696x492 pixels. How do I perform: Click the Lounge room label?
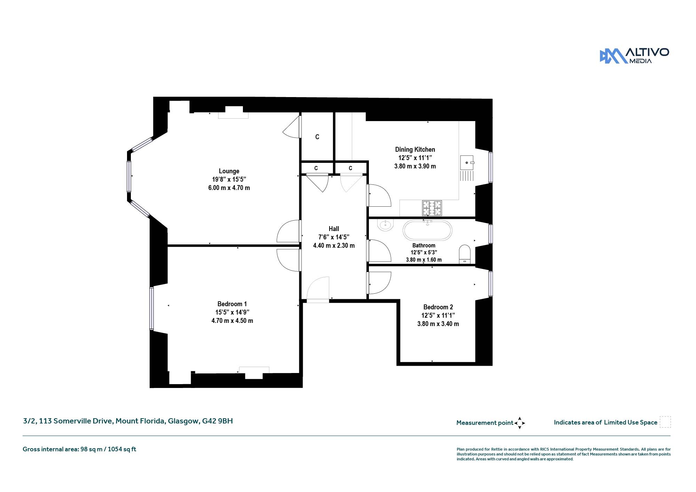click(x=229, y=171)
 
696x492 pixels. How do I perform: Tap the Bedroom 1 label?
click(x=232, y=304)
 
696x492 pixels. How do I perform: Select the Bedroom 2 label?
click(x=438, y=307)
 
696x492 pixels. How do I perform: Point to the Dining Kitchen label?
click(x=415, y=150)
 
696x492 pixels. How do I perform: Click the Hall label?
click(x=334, y=229)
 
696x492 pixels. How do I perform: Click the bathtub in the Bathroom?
click(x=428, y=230)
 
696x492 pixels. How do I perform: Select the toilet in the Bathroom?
click(x=465, y=254)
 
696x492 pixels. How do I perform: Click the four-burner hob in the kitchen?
click(x=432, y=208)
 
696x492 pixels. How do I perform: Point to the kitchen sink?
click(x=467, y=162)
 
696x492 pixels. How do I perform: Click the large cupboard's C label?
click(x=317, y=137)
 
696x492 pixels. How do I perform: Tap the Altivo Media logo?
click(x=634, y=56)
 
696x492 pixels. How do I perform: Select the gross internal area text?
click(x=79, y=449)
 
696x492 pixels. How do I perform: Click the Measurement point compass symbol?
click(x=520, y=423)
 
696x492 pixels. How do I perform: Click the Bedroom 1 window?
click(x=152, y=308)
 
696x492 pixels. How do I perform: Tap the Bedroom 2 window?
click(x=491, y=284)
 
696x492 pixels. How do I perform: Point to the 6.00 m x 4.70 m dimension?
click(x=229, y=188)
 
